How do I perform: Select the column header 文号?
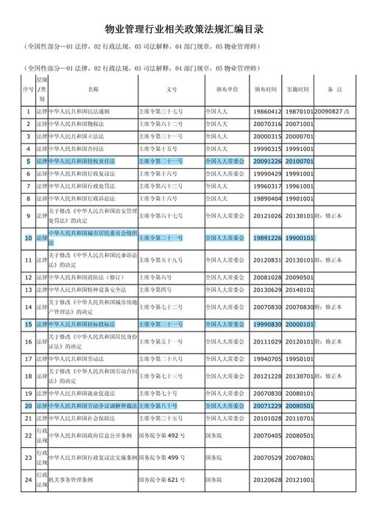pyautogui.click(x=171, y=89)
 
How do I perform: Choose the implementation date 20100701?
pyautogui.click(x=300, y=160)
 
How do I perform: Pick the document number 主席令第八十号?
pyautogui.click(x=158, y=406)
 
